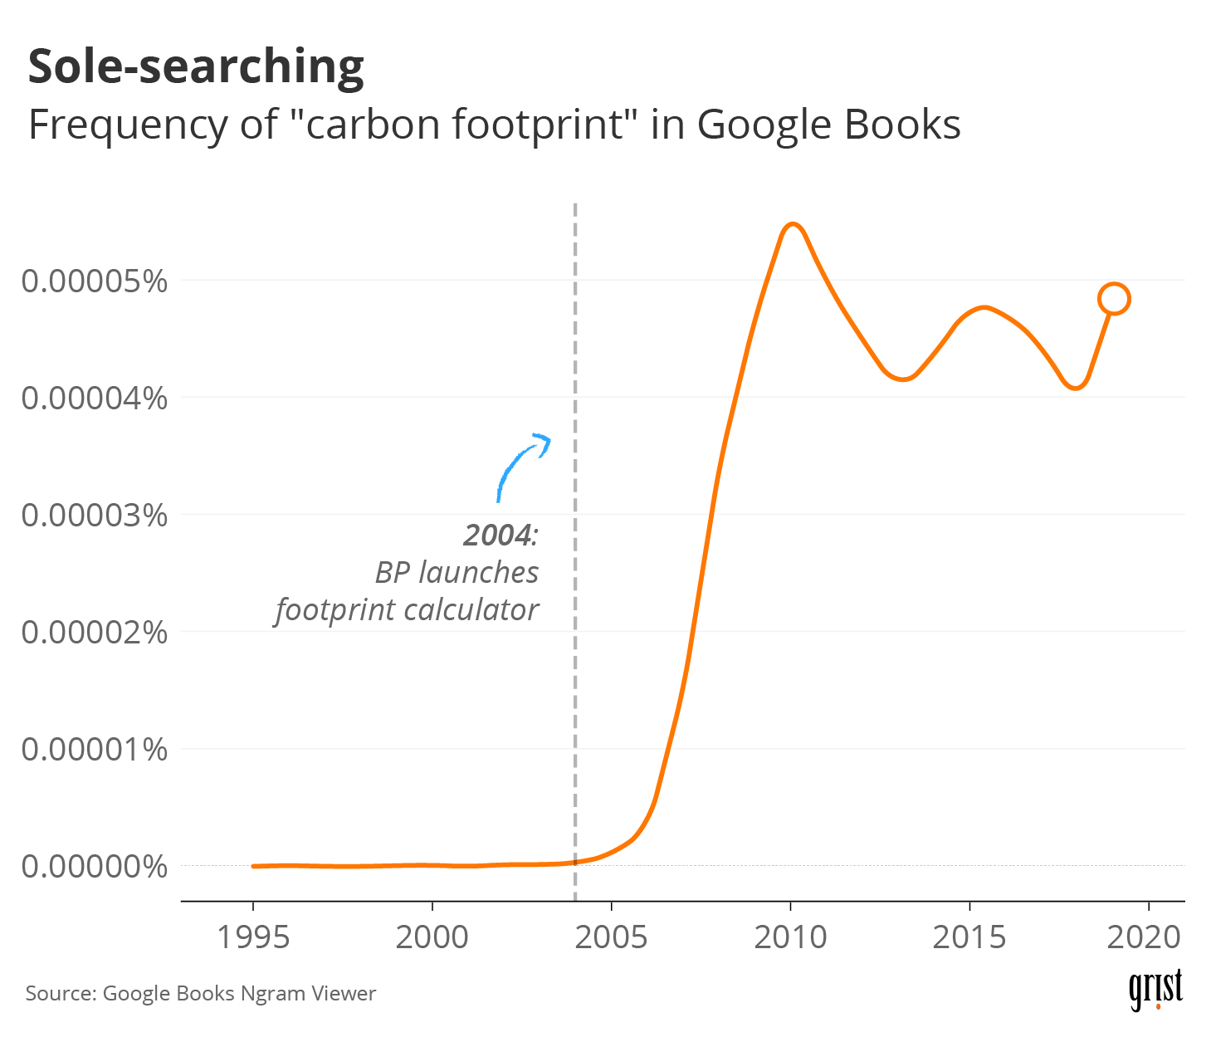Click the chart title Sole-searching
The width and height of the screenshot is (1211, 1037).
point(196,66)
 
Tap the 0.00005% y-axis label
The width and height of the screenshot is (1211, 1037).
point(95,281)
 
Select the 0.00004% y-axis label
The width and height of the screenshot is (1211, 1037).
point(95,399)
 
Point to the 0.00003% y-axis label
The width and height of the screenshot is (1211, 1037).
point(95,516)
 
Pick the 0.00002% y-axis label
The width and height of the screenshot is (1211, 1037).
point(95,633)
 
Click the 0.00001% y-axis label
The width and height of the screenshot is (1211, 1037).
point(95,750)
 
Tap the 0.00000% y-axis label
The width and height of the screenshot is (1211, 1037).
point(95,867)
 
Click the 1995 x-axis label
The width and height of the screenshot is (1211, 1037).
point(253,937)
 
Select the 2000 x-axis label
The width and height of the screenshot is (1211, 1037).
point(432,937)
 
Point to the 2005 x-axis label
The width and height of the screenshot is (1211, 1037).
point(611,937)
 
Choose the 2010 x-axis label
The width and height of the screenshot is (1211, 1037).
point(790,937)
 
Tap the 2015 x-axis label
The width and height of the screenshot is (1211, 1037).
point(969,937)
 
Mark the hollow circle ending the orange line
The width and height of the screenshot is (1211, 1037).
point(1114,299)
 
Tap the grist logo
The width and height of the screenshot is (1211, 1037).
point(1155,989)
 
